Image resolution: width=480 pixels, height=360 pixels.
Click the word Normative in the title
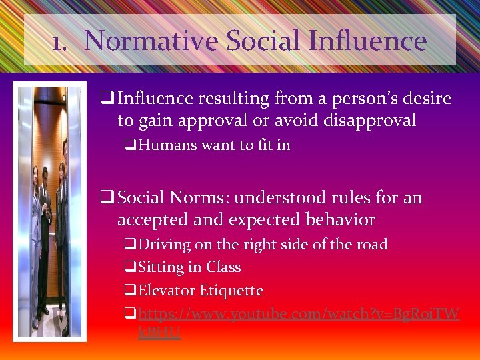(152, 41)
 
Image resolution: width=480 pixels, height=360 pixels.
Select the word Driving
(164, 245)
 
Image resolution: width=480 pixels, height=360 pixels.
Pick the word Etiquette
(232, 291)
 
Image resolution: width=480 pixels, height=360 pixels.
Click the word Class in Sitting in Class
(223, 267)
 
